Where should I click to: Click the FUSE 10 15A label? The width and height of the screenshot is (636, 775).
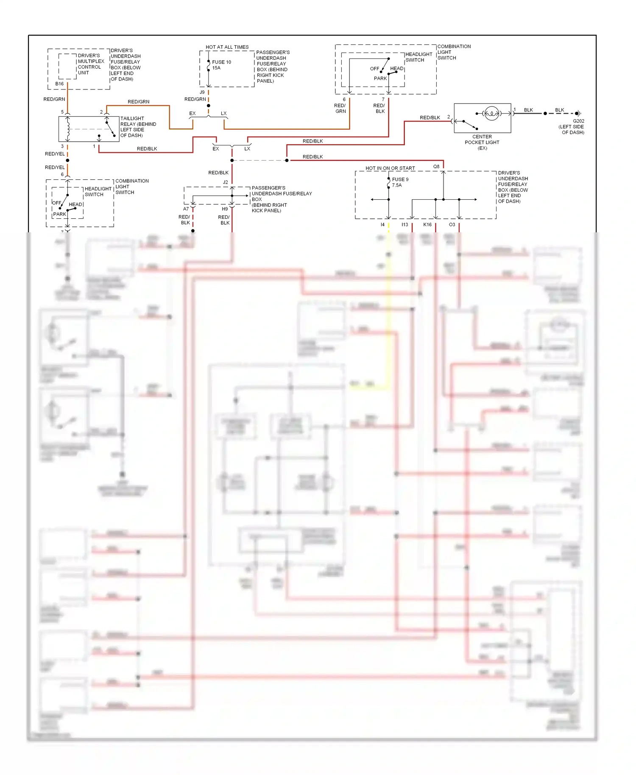pos(221,65)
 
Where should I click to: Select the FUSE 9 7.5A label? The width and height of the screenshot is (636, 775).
pos(400,182)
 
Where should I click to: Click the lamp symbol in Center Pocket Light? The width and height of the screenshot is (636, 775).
pos(491,113)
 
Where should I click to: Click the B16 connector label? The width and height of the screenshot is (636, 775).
pos(59,84)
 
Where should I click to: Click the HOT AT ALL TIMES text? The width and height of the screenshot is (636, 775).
pos(227,47)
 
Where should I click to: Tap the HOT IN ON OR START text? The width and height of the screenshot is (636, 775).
pos(390,168)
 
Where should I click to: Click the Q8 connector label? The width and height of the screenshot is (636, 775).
pos(436,167)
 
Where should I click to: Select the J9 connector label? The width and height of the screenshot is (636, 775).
pos(202,92)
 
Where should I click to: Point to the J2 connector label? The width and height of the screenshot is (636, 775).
pos(226,182)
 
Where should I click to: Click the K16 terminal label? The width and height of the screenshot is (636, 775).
pos(427,225)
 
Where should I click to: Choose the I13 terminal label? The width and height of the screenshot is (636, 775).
pos(404,225)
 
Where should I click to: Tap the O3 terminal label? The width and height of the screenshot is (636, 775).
pos(452,225)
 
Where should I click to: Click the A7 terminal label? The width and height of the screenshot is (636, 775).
pos(186,209)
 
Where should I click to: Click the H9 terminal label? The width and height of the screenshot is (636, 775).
pos(225,209)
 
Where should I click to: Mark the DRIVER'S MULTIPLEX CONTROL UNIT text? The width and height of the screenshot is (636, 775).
pos(90,64)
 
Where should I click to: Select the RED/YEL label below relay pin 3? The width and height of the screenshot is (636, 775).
pos(55,154)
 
